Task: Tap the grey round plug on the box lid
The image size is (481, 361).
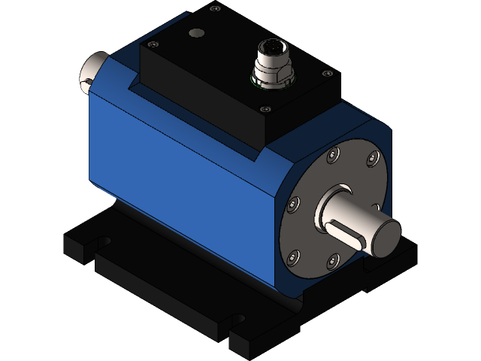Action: click(x=197, y=33)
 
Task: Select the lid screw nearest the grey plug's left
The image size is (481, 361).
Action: click(x=155, y=45)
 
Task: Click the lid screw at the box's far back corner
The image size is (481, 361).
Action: click(x=215, y=9)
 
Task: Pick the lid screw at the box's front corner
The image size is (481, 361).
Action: click(x=263, y=109)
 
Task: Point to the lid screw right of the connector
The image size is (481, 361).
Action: click(x=326, y=73)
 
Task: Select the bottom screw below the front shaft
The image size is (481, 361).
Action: click(x=332, y=260)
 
